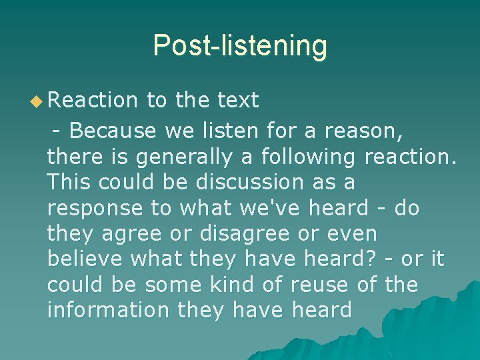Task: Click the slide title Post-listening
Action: (x=240, y=46)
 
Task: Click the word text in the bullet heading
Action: (x=238, y=101)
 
